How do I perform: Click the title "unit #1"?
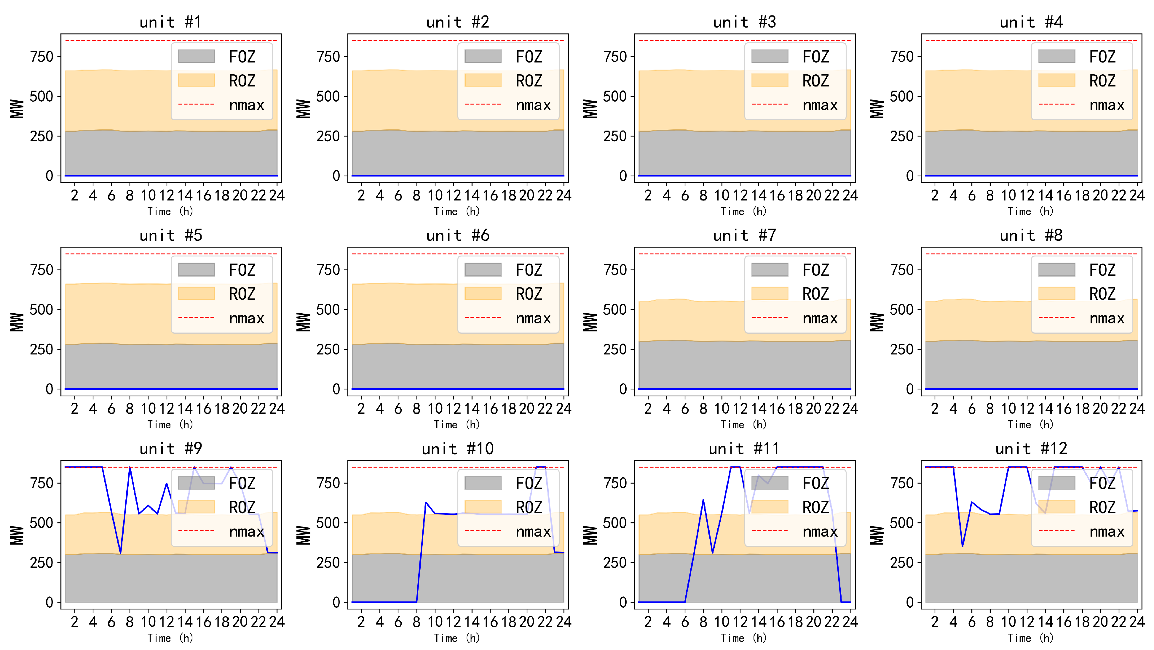point(171,22)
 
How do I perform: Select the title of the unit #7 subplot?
point(745,235)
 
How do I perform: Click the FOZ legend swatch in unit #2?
point(483,56)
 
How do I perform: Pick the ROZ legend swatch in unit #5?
point(196,294)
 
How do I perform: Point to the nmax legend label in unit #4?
point(1107,105)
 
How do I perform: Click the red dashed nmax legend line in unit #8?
point(1056,318)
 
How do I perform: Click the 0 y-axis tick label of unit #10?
point(336,603)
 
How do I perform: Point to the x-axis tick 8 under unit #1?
point(130,195)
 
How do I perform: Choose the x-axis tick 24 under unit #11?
point(850,622)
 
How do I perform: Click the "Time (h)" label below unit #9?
point(171,638)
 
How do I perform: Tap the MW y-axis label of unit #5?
point(17,322)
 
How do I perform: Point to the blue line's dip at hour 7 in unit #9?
point(121,554)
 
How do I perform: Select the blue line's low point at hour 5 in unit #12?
point(962,546)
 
